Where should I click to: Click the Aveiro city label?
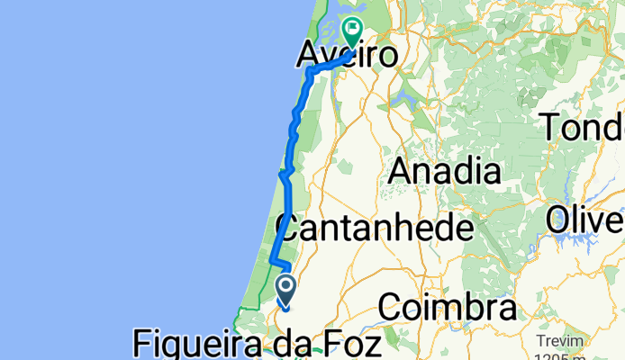coord(348,56)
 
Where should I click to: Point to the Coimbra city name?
coord(448,308)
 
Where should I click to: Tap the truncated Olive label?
coord(586,218)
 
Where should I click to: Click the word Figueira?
coord(197,344)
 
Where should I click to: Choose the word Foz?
coord(354,344)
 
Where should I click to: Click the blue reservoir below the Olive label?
coord(590,241)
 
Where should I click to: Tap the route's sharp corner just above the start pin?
coord(272,262)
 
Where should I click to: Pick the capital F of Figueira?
coord(142,344)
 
